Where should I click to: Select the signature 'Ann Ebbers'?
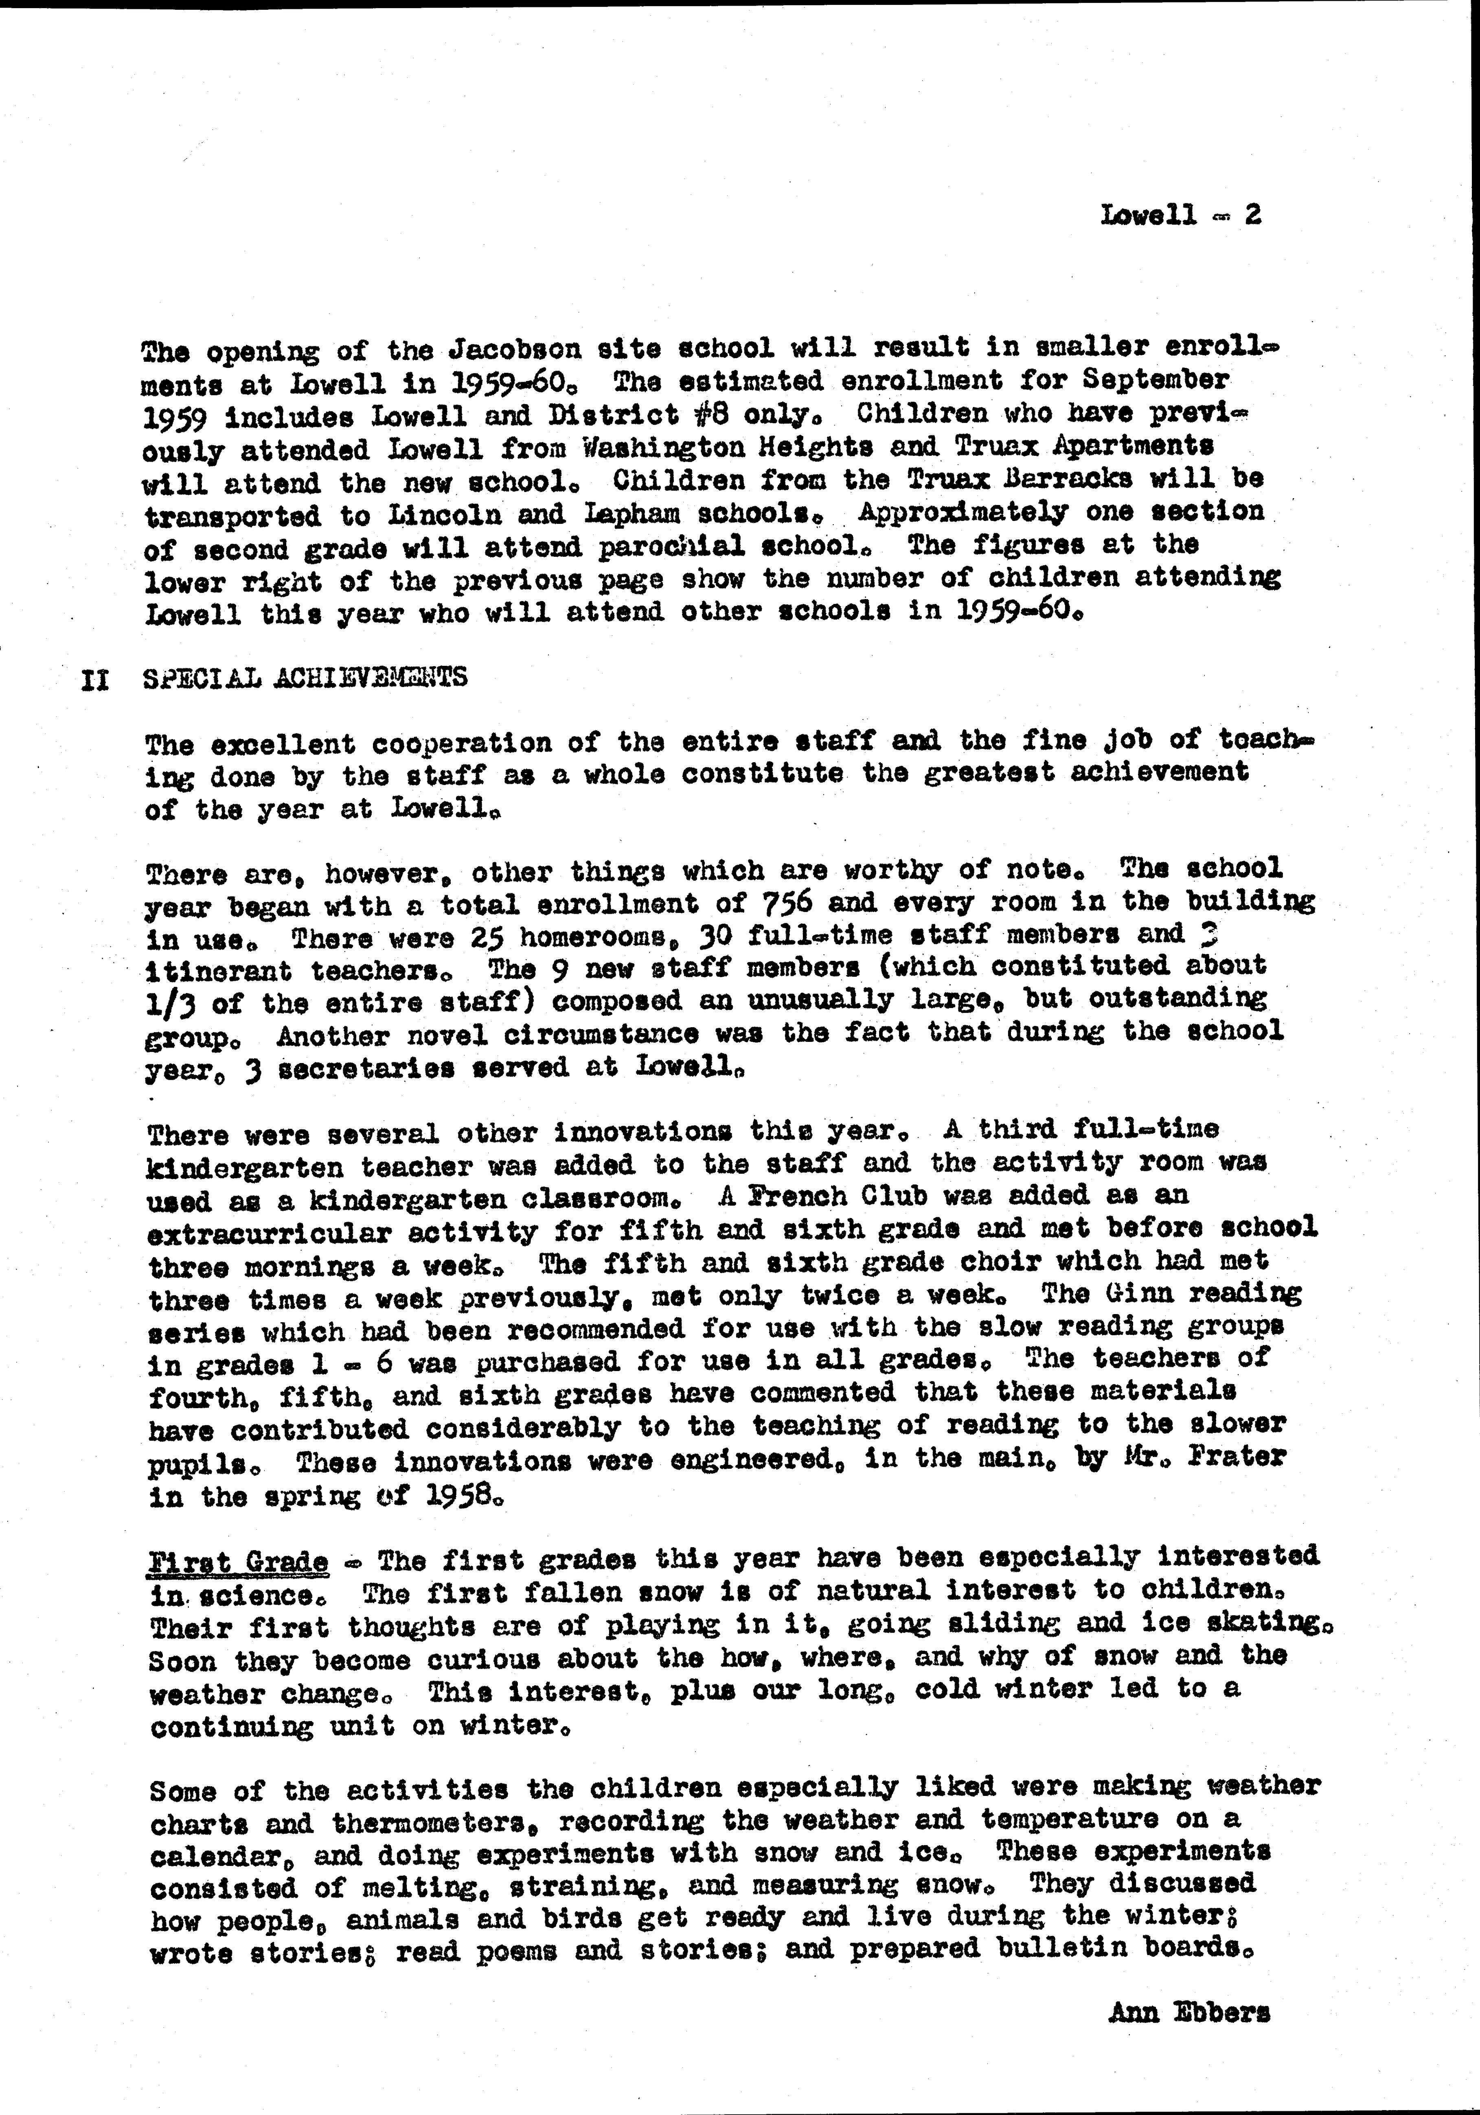[1189, 2013]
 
